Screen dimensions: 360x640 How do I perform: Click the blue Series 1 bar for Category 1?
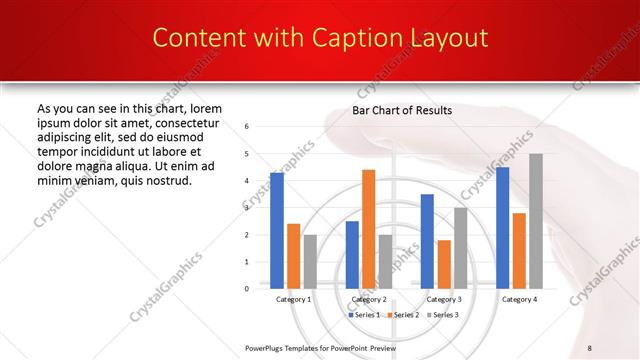coord(277,231)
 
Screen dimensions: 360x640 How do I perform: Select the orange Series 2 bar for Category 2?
coord(368,229)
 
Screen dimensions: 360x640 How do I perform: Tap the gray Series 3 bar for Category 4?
coord(536,221)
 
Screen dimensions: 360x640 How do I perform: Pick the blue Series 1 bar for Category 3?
coord(427,241)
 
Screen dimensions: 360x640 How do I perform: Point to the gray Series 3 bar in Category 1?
coord(309,262)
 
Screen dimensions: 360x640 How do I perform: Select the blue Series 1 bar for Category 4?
coord(503,228)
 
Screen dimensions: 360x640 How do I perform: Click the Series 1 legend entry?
coord(364,314)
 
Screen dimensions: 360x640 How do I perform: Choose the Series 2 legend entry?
coord(402,314)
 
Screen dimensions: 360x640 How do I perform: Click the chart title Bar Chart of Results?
coord(402,110)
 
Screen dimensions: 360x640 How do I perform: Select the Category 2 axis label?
coord(369,299)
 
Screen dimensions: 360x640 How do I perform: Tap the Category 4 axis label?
coord(519,299)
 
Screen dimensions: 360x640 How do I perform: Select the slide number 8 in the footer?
coord(590,347)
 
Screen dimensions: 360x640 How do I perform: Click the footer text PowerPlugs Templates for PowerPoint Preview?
coord(320,347)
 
